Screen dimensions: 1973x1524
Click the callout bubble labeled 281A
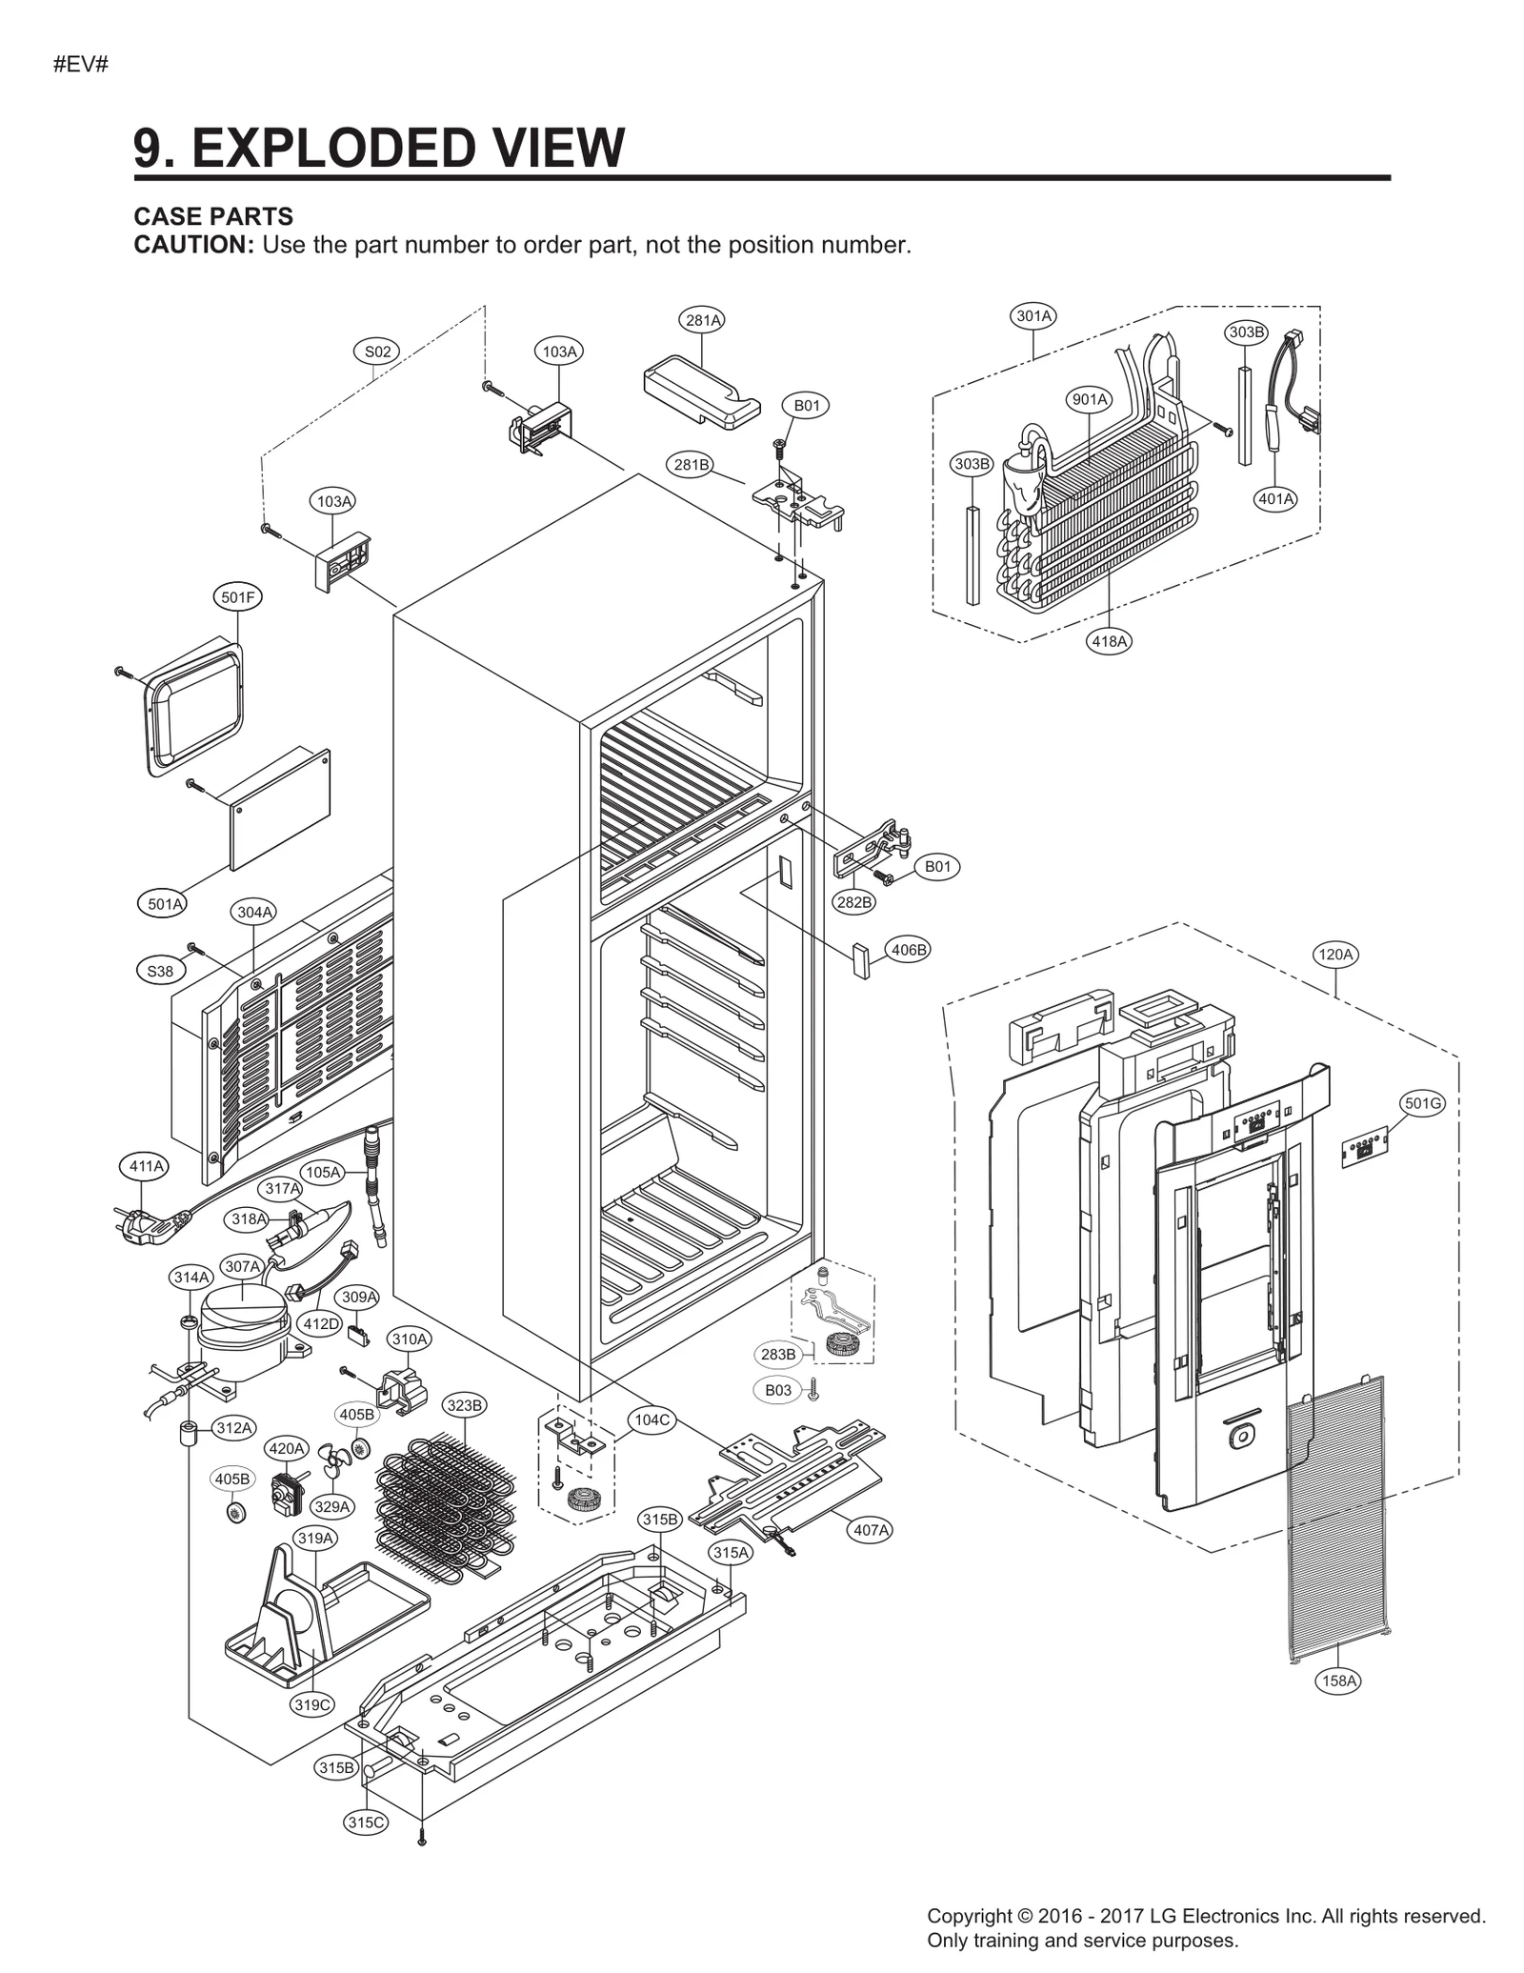tap(703, 320)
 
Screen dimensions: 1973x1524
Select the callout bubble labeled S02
tap(378, 352)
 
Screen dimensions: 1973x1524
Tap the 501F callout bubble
tap(237, 597)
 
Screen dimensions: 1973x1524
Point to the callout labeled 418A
tap(1109, 641)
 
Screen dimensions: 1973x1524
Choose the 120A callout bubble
tap(1335, 954)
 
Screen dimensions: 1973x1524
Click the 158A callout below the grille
tap(1339, 1681)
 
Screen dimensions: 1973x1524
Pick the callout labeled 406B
tap(908, 949)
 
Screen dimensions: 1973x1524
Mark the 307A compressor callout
tap(242, 1266)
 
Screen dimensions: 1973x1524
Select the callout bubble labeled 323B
tap(466, 1405)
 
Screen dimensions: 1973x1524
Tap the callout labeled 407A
tap(871, 1530)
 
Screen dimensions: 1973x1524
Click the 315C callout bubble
tap(366, 1822)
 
